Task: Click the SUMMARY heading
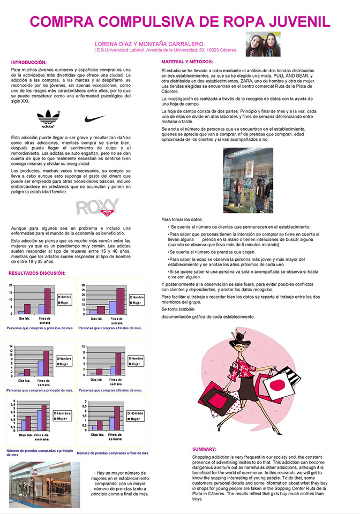tap(204, 449)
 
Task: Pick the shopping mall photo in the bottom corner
tap(44, 485)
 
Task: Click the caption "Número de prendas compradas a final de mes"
tap(112, 453)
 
